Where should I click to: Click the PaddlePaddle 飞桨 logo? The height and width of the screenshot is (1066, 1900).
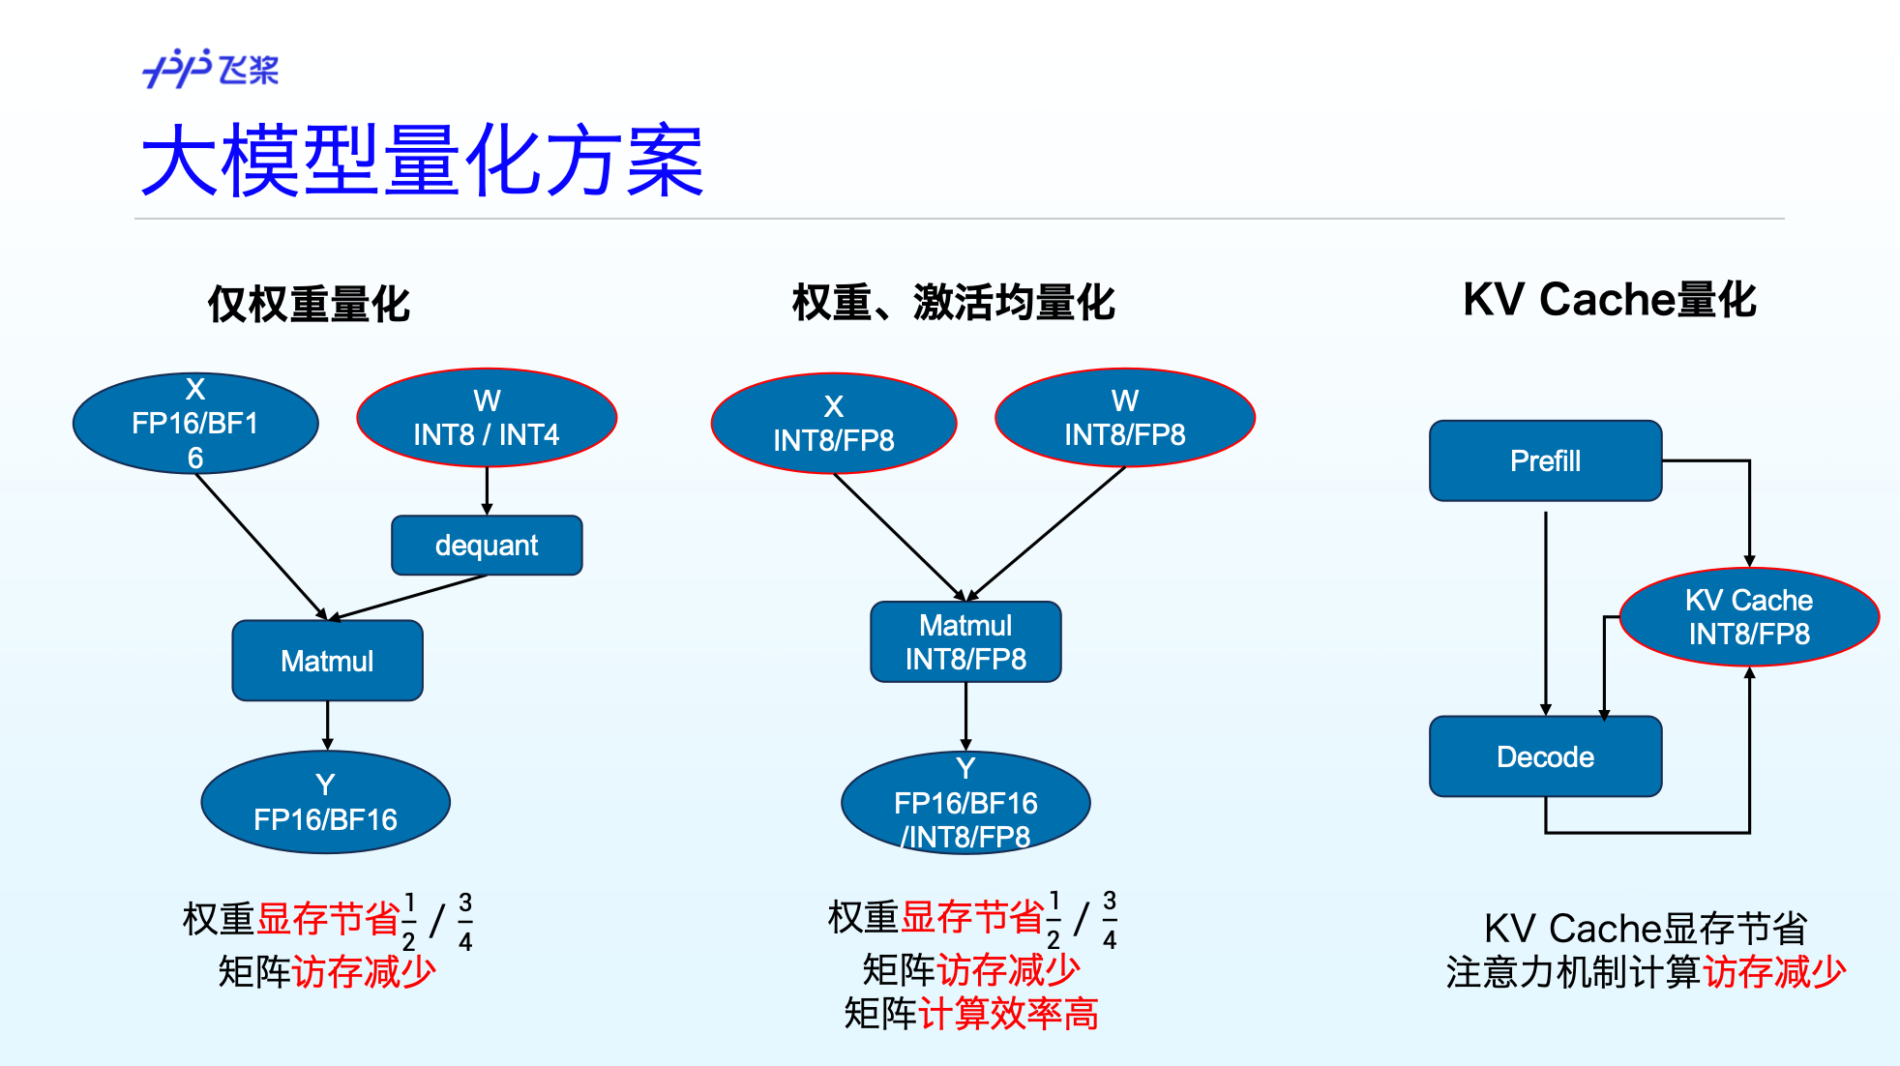click(210, 69)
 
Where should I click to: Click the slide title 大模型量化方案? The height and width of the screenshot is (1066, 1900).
click(422, 162)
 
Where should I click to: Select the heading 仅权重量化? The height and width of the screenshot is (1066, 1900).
click(309, 304)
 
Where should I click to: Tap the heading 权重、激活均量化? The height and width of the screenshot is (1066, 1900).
click(953, 302)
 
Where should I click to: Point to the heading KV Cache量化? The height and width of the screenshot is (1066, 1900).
click(1609, 300)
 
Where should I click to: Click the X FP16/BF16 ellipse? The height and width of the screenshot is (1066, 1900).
click(195, 424)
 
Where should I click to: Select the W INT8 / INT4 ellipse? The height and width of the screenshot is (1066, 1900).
click(487, 418)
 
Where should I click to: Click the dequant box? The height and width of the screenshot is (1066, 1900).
click(487, 546)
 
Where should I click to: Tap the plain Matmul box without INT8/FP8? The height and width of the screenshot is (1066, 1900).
click(327, 661)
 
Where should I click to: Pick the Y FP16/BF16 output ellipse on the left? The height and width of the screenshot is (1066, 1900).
click(325, 802)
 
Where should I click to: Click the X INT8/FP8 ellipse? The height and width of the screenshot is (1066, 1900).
click(833, 424)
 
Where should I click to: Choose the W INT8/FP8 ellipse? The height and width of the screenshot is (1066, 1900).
click(1124, 418)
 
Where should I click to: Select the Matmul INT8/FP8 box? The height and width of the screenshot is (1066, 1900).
click(965, 642)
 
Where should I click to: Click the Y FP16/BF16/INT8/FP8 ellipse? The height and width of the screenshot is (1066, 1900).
click(965, 803)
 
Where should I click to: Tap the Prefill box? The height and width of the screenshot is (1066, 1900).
click(1545, 460)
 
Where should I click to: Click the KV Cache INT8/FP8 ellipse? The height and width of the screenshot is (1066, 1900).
click(1748, 617)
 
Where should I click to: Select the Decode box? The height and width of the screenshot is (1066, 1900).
click(1545, 756)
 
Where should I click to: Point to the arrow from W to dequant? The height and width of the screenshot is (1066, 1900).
click(487, 490)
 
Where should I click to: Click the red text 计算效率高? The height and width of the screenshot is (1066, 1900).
click(1008, 1014)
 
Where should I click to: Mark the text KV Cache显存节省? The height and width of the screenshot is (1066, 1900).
click(1646, 929)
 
